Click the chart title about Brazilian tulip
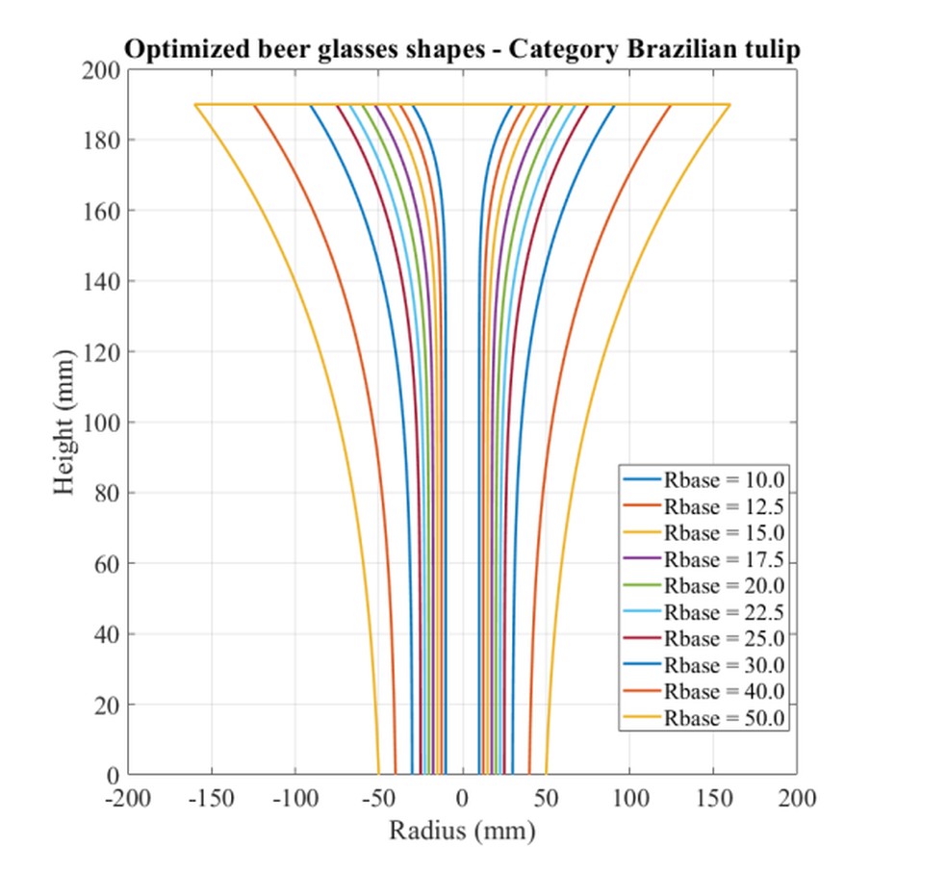tap(462, 50)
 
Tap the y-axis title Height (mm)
tap(64, 423)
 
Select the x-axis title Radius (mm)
tap(462, 830)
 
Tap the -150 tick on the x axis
tap(212, 799)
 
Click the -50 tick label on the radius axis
tap(378, 799)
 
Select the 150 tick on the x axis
tap(713, 799)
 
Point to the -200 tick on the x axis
tap(128, 799)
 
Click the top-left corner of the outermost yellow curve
tap(195, 105)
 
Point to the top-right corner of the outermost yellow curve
tap(729, 105)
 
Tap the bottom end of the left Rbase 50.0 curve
tap(379, 773)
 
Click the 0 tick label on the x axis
tap(462, 799)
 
